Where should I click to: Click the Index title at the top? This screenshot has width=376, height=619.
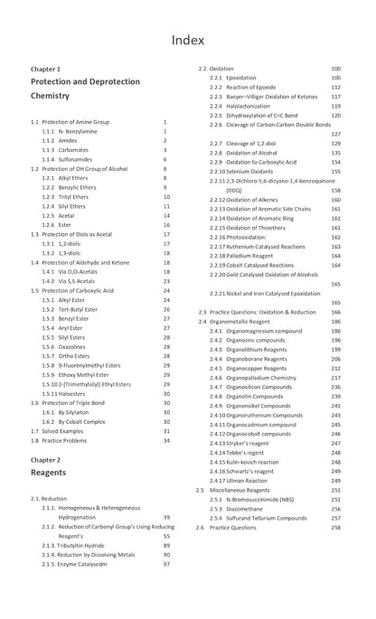[188, 39]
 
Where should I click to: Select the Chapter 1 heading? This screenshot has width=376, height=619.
[46, 69]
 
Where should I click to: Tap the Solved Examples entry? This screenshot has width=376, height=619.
[62, 431]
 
